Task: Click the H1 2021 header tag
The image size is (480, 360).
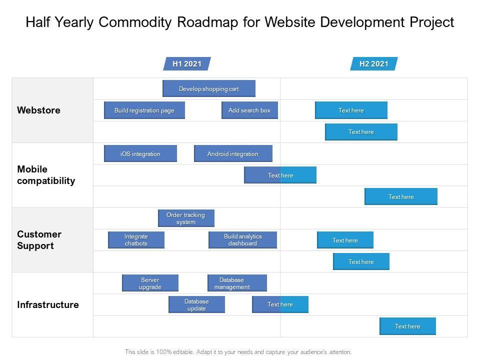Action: click(187, 64)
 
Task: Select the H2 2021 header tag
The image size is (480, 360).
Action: click(373, 64)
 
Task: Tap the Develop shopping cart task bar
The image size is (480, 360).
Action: click(209, 89)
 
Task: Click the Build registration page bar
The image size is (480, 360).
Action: click(144, 110)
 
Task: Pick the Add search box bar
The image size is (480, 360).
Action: click(249, 110)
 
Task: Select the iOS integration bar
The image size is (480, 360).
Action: click(140, 154)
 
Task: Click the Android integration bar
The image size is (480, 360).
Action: click(233, 154)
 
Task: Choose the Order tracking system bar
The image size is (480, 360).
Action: click(186, 218)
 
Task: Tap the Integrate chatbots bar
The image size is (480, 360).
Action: click(136, 240)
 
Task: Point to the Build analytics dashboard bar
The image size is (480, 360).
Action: click(242, 240)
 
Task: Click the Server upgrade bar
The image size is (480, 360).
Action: click(150, 283)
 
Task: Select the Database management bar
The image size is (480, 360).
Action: click(237, 283)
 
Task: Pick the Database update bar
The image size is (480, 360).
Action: click(196, 305)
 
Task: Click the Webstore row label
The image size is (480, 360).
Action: click(38, 110)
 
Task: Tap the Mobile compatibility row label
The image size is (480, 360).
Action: click(46, 175)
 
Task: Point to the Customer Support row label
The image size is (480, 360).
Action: click(39, 240)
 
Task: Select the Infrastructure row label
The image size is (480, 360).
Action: click(48, 305)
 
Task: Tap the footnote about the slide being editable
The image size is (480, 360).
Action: click(238, 352)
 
